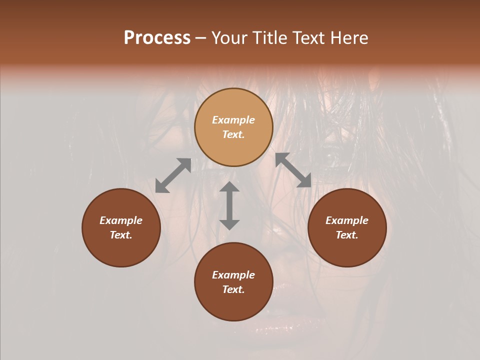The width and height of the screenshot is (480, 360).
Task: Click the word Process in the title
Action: (157, 38)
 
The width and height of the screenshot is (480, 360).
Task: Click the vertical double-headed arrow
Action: (229, 205)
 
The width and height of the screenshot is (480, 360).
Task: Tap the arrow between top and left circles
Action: (173, 175)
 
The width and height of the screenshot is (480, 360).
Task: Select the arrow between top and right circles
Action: (293, 170)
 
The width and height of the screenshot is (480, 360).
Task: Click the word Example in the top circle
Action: (233, 120)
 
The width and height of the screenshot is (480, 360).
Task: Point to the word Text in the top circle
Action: (233, 134)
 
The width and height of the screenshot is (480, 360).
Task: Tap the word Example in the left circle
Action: (121, 220)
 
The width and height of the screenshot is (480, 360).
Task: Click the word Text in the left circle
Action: (121, 235)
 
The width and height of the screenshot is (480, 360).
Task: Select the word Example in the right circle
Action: (347, 220)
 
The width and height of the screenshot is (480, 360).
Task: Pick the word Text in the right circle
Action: (347, 235)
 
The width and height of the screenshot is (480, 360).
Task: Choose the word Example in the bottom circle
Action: (233, 275)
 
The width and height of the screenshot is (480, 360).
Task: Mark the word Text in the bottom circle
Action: (233, 289)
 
